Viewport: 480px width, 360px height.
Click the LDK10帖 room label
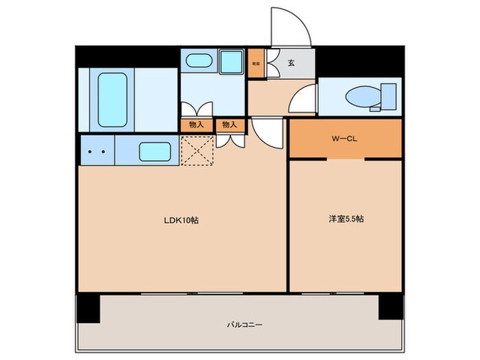point(181,221)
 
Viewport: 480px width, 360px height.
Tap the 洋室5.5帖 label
point(344,219)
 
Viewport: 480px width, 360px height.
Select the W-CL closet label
point(344,139)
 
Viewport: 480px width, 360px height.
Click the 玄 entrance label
point(291,63)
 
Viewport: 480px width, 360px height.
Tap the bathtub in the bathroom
point(112,99)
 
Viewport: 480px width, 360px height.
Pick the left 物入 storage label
point(196,125)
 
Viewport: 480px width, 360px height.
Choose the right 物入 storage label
point(230,125)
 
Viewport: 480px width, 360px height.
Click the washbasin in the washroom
point(199,60)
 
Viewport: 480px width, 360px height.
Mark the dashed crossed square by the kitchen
point(196,150)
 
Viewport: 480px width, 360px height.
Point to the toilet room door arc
point(302,101)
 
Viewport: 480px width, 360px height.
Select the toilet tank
point(389,95)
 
